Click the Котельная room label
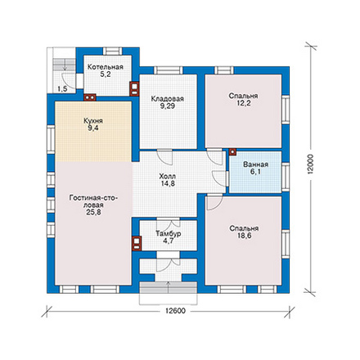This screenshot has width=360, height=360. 106,67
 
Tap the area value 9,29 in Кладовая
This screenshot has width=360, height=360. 168,106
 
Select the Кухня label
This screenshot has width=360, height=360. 93,121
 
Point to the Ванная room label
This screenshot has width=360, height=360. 255,164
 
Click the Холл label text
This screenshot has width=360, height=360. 168,177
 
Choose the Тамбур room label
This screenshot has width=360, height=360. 169,234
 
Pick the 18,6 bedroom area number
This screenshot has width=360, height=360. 244,236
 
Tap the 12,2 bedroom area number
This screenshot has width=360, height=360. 243,103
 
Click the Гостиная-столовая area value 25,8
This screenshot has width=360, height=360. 93,212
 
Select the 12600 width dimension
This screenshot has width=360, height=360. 175,311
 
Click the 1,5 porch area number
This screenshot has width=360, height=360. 62,88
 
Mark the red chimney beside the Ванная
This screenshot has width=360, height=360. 232,152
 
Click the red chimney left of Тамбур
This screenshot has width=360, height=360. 137,243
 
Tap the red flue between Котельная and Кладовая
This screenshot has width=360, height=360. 134,88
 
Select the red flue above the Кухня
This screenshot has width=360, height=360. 90,97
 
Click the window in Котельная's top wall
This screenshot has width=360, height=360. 113,52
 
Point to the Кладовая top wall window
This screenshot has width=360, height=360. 169,70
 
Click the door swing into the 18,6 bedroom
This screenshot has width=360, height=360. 214,202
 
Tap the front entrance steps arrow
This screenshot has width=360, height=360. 168,286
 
